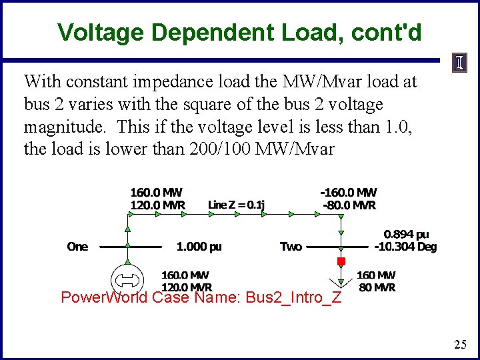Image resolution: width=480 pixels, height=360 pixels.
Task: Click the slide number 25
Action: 460,345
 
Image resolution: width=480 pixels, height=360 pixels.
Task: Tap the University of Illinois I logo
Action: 461,63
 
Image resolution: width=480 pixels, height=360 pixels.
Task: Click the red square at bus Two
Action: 341,261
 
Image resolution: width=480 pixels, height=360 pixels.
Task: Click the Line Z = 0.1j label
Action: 236,205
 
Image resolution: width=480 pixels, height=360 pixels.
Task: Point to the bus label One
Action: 77,247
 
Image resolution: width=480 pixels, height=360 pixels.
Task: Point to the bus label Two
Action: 291,247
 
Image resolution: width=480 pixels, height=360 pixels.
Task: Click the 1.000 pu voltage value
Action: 199,247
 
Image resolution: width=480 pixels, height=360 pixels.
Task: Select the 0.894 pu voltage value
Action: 406,235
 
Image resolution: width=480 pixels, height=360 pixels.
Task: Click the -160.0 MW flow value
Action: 348,193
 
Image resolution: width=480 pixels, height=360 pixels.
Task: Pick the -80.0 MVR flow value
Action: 349,205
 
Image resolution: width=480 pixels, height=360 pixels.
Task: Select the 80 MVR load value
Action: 376,287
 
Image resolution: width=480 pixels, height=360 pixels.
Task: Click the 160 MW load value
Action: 376,275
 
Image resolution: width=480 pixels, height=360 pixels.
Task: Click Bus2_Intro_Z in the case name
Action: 293,297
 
